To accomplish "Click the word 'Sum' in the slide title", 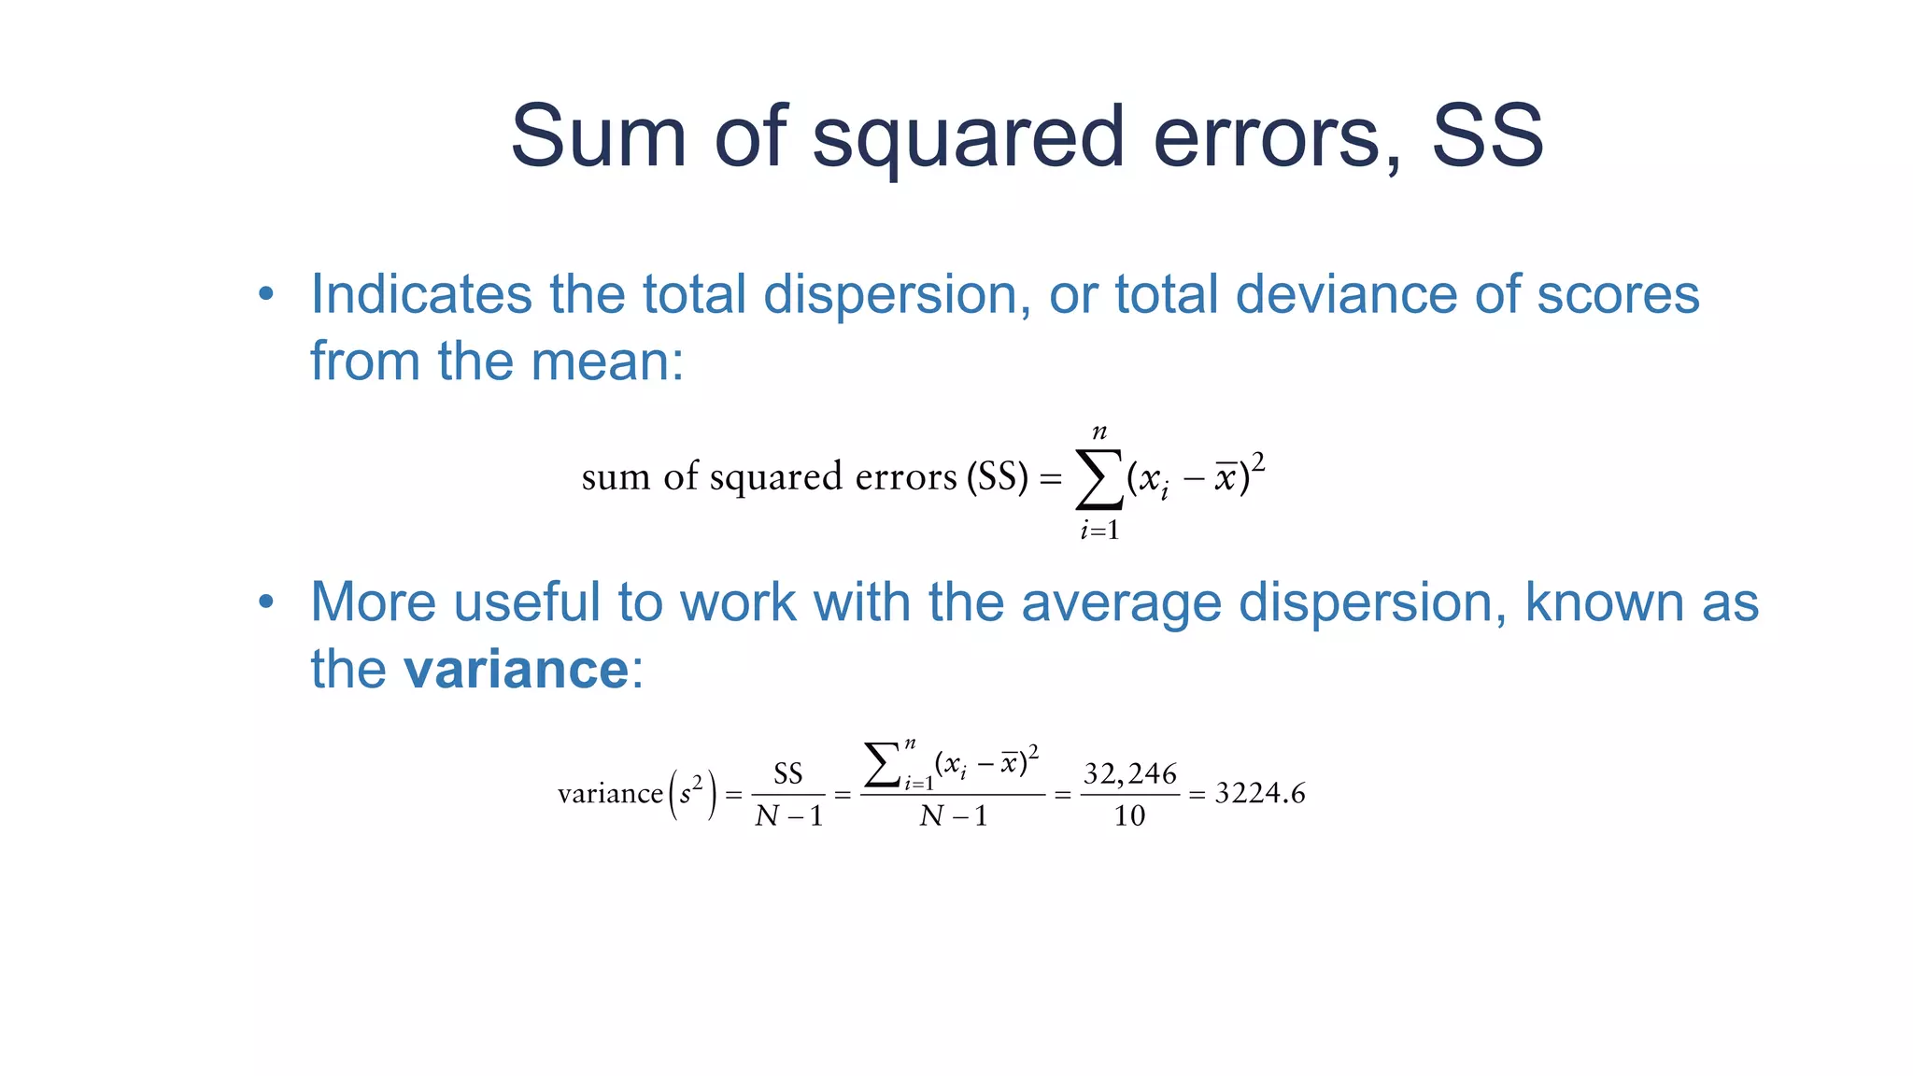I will tap(598, 136).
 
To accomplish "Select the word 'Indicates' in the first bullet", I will tap(420, 294).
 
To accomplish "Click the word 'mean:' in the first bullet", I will tap(607, 361).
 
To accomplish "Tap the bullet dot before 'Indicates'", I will tap(266, 294).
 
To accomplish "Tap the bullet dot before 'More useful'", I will tap(266, 602).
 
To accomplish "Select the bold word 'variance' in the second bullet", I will tap(516, 669).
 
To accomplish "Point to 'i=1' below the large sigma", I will tap(1099, 531).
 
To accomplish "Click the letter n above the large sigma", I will tap(1099, 432).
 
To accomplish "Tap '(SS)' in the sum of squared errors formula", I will tap(997, 477).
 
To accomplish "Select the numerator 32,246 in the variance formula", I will tap(1129, 773).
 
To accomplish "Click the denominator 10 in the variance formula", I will tap(1129, 816).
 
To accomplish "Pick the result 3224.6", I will tap(1259, 794).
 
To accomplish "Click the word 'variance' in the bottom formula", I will tap(609, 794).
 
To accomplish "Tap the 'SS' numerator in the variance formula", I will tap(788, 773).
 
